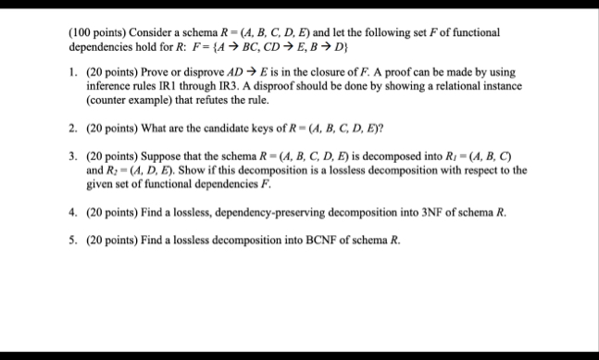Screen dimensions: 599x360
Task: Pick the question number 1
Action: (x=73, y=72)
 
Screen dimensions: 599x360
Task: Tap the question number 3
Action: (x=73, y=157)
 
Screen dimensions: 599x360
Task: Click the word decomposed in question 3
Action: (x=389, y=157)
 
